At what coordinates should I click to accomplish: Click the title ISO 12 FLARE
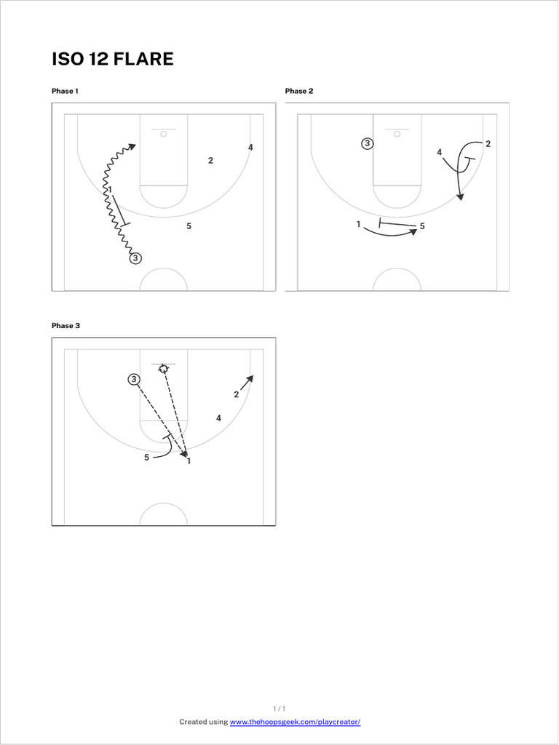coord(113,59)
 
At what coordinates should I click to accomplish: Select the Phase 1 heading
coord(65,91)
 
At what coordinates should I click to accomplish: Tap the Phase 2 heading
coord(298,91)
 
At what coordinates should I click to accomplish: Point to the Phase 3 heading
coord(65,326)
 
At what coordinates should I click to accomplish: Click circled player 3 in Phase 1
coord(135,258)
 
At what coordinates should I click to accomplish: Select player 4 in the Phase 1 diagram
coord(250,148)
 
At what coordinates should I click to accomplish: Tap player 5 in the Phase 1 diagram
coord(189,226)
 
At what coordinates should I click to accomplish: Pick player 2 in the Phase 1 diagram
coord(210,161)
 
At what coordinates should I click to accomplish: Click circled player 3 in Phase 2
coord(368,144)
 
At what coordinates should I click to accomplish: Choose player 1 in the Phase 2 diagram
coord(359,225)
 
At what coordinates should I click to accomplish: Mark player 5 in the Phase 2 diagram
coord(422,226)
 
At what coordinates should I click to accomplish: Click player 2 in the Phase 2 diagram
coord(488,144)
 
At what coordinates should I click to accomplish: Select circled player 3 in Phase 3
coord(134,379)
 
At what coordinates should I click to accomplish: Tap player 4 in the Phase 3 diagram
coord(218,418)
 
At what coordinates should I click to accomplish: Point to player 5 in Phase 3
coord(146,458)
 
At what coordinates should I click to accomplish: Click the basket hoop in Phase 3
coord(164,369)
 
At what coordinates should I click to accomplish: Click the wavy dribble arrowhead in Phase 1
coord(132,146)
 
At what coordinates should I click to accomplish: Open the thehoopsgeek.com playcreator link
coord(295,722)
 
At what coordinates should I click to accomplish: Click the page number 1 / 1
coord(279,708)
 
